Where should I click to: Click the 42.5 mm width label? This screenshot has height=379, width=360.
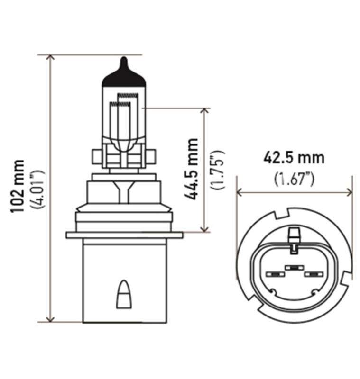pyautogui.click(x=294, y=157)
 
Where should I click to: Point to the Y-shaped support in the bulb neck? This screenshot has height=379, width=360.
pyautogui.click(x=124, y=191)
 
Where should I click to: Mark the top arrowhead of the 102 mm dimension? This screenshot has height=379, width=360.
pyautogui.click(x=51, y=58)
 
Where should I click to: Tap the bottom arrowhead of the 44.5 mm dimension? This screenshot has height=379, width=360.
pyautogui.click(x=204, y=229)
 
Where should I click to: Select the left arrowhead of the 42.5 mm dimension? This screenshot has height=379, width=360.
pyautogui.click(x=240, y=192)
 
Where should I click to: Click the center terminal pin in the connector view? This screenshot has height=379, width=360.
pyautogui.click(x=294, y=268)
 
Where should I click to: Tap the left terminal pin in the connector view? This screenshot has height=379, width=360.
pyautogui.click(x=275, y=274)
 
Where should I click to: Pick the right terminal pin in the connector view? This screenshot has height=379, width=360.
pyautogui.click(x=313, y=274)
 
